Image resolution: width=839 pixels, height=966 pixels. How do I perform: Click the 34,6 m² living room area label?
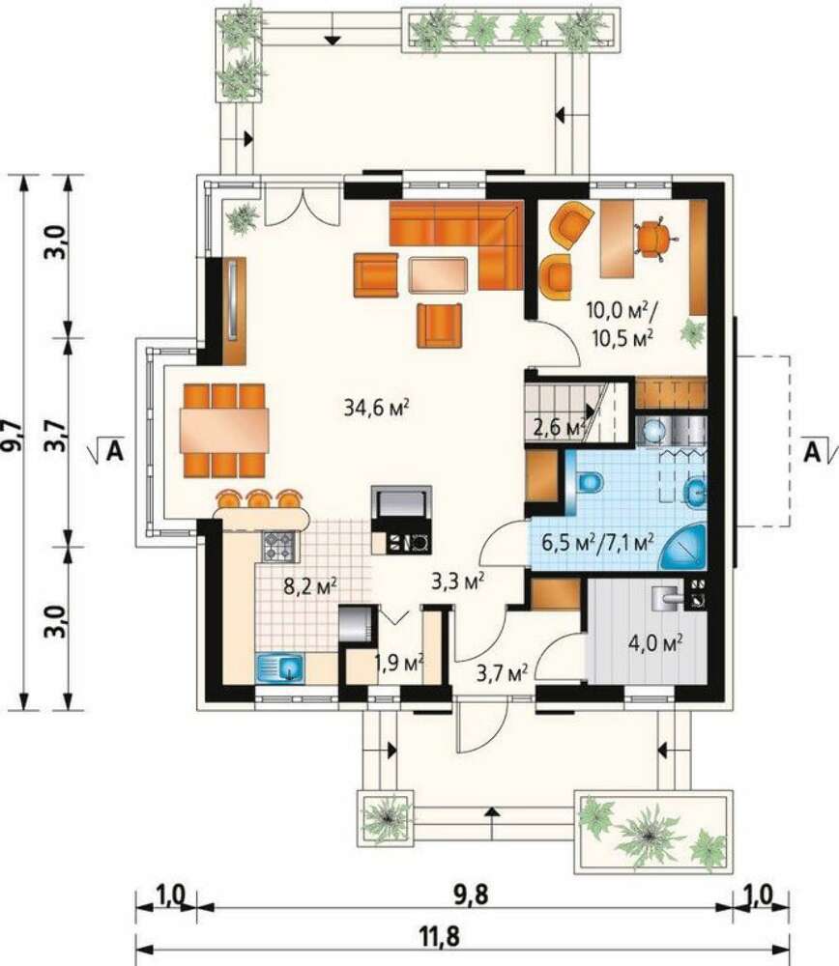[377, 408]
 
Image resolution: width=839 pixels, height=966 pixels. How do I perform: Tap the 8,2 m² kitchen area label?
[309, 586]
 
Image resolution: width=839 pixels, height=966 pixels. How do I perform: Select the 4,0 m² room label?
[654, 643]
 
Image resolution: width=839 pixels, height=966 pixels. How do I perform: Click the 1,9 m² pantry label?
[399, 663]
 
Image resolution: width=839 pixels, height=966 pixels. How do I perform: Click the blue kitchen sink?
[280, 668]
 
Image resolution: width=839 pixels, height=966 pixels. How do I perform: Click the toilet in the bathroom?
[590, 482]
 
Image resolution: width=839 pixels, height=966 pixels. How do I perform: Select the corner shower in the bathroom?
[685, 548]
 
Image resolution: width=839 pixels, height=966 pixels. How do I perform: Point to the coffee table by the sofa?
[438, 274]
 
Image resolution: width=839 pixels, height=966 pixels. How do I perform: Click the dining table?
[224, 430]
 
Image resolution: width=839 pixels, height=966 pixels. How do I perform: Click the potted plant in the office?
[693, 332]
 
